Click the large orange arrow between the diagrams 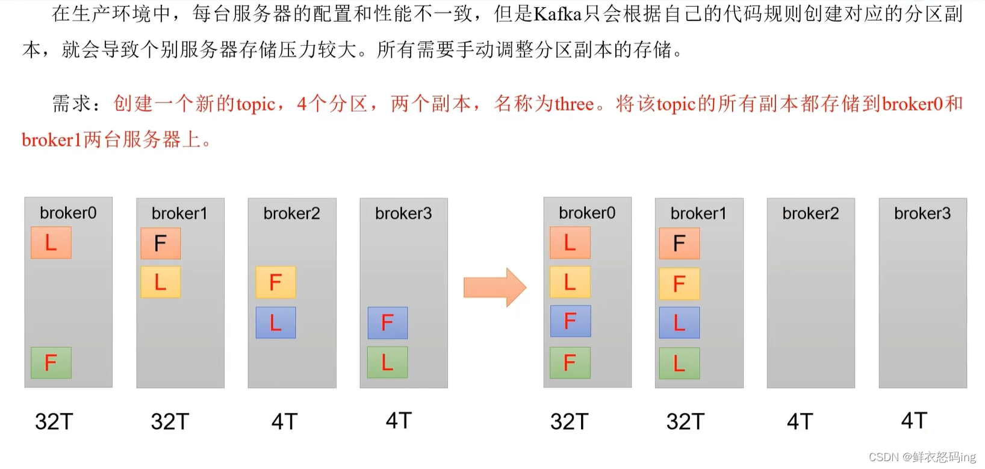[x=494, y=288]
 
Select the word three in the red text [x=574, y=104]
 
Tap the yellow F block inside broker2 [x=276, y=282]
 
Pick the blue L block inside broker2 [x=276, y=323]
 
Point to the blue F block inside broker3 [x=388, y=323]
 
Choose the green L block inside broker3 [x=388, y=362]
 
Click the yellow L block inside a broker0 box [x=570, y=282]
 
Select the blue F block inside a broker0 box [x=570, y=321]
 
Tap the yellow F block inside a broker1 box [x=679, y=283]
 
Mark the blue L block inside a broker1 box [x=679, y=323]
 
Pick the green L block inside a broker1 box [x=679, y=363]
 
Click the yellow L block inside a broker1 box [x=160, y=282]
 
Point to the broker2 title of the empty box [x=810, y=213]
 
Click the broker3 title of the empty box [x=922, y=213]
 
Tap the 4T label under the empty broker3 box [x=914, y=420]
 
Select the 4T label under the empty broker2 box [x=800, y=421]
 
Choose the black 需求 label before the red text [x=72, y=104]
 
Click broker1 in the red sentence [x=51, y=140]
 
